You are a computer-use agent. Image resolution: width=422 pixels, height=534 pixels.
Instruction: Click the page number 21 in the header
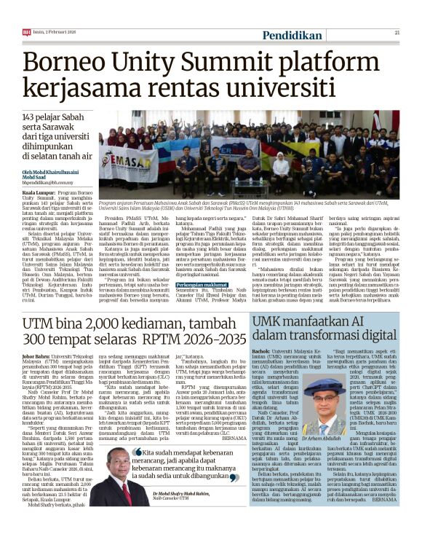click(x=397, y=33)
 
